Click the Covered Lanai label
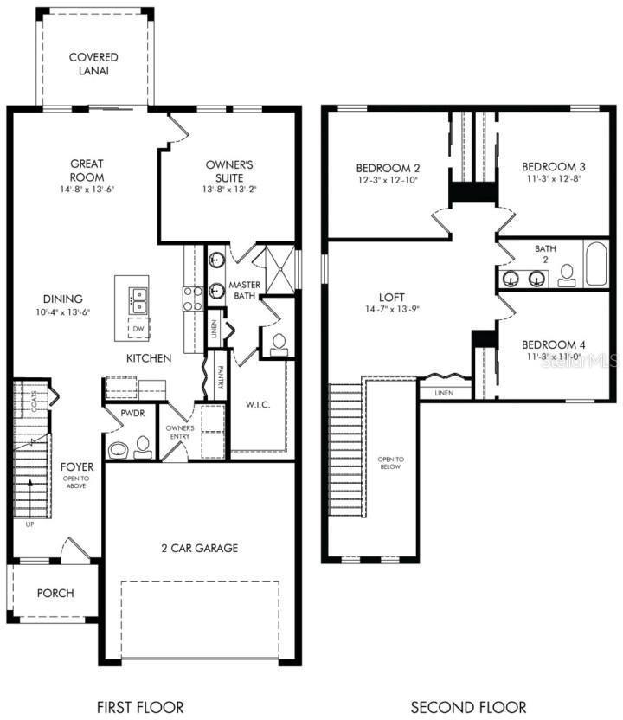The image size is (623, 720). point(93,64)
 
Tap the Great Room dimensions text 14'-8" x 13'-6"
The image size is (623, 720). point(87,189)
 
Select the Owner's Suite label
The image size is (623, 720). point(229,170)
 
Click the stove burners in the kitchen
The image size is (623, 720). point(192,299)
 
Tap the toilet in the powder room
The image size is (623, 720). point(143,446)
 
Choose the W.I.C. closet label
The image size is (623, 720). point(259,405)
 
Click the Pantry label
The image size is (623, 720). point(222,378)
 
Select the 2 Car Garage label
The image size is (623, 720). point(199,548)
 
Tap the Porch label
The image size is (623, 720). point(55,594)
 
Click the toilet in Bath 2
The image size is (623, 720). point(567,274)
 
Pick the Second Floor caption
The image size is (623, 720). point(467,707)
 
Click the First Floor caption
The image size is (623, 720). point(141,707)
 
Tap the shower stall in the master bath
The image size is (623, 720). point(279,271)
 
